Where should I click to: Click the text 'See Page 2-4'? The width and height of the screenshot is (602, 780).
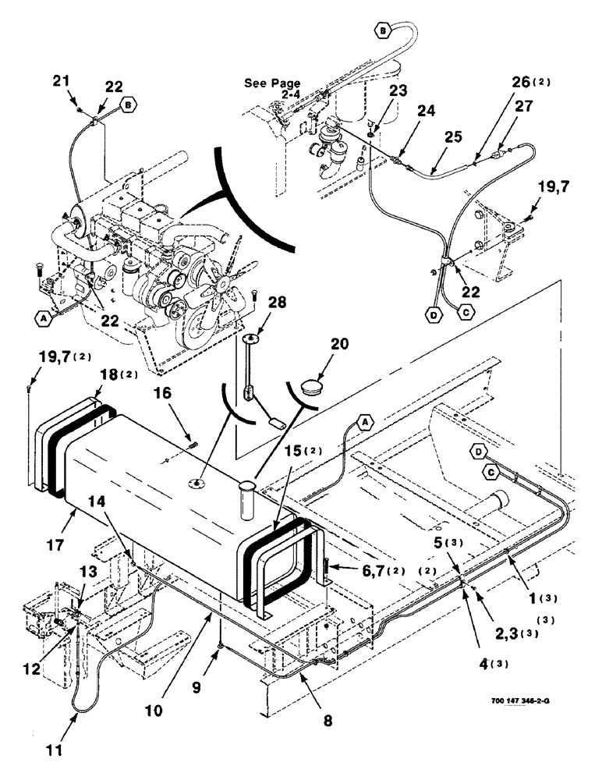pyautogui.click(x=271, y=88)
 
